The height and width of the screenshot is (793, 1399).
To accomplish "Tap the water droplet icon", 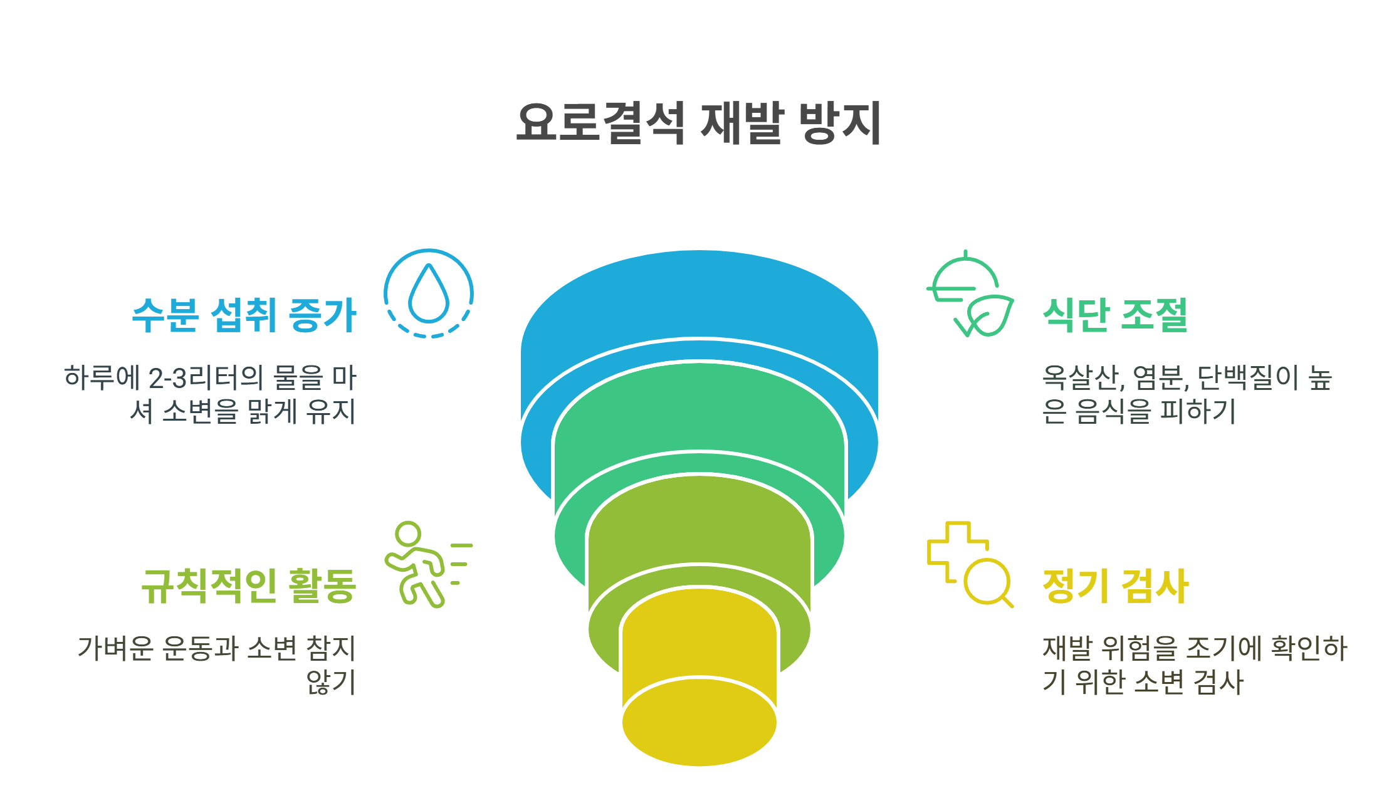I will click(x=429, y=293).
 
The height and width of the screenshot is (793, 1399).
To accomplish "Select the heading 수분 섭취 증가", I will click(x=244, y=315).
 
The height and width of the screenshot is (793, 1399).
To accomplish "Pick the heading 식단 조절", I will click(x=1115, y=315).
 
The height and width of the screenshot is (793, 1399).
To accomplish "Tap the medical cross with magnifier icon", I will click(x=969, y=564).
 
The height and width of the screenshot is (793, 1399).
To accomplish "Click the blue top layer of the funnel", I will click(x=699, y=295).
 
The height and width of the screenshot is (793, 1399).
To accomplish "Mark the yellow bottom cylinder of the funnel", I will click(x=699, y=721).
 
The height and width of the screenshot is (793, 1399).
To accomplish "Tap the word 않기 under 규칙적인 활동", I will click(x=330, y=682).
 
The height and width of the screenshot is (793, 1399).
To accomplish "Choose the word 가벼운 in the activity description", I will click(x=115, y=649).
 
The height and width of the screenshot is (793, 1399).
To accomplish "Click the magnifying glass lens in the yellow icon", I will click(x=987, y=580).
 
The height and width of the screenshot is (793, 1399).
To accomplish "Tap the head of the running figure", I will click(x=409, y=534).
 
